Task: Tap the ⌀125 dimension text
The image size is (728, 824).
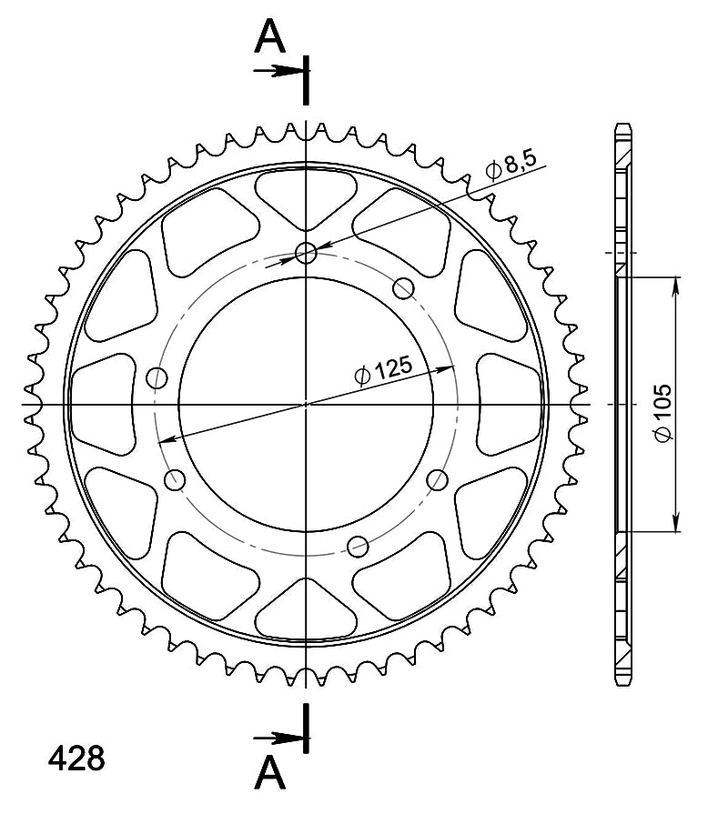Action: [x=383, y=371]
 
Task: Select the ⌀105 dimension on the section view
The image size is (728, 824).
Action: [x=662, y=413]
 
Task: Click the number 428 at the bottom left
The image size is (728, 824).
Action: [x=76, y=759]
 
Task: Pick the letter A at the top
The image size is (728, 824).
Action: [x=269, y=36]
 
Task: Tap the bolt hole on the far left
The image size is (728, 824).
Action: [x=157, y=377]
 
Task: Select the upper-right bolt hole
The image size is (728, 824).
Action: [x=403, y=288]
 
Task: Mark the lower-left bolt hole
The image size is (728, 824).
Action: [x=175, y=480]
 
